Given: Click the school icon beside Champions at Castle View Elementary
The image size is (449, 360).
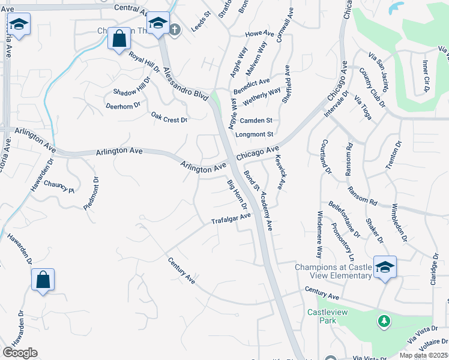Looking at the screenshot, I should (384, 267).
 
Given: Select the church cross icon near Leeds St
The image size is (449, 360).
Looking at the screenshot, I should (175, 29).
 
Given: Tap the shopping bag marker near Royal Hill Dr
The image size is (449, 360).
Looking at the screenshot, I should (119, 39).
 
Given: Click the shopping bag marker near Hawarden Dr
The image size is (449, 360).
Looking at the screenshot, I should (43, 280).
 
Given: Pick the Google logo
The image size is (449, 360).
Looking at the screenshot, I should (20, 353).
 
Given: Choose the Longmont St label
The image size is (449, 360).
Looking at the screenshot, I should (254, 134).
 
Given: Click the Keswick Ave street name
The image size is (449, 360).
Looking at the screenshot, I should (277, 173).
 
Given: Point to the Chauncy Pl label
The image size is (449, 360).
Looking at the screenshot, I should (58, 187).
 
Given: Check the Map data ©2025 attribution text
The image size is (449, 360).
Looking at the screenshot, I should (423, 355).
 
